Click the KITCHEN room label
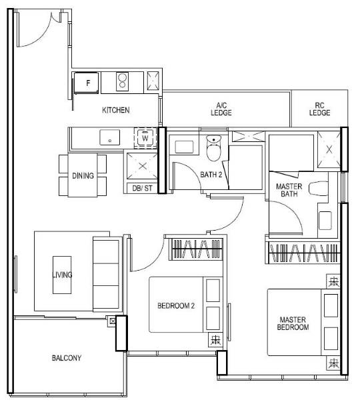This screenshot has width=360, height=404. click(116, 110)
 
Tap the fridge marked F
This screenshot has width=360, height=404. click(86, 83)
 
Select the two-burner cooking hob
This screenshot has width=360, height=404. click(122, 81)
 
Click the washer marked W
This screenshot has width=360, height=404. click(145, 138)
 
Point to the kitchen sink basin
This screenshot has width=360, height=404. click(110, 137)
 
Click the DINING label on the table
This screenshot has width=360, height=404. click(83, 176)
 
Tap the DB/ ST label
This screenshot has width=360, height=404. click(142, 189)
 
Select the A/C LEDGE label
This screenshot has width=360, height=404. click(221, 109)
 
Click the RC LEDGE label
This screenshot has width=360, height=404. click(319, 109)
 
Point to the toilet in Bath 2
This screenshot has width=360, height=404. click(213, 147)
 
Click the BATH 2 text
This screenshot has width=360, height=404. click(211, 175)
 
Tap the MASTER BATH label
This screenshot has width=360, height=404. click(289, 190)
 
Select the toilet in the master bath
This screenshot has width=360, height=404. click(319, 189)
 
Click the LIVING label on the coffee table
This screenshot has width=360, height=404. click(62, 275)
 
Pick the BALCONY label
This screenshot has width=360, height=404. click(67, 358)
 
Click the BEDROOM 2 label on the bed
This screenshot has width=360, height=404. click(176, 306)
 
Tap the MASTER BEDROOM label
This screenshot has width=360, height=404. click(293, 323)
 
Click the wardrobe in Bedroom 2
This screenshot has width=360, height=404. click(196, 249)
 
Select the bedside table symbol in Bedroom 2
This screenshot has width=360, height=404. click(215, 340)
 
